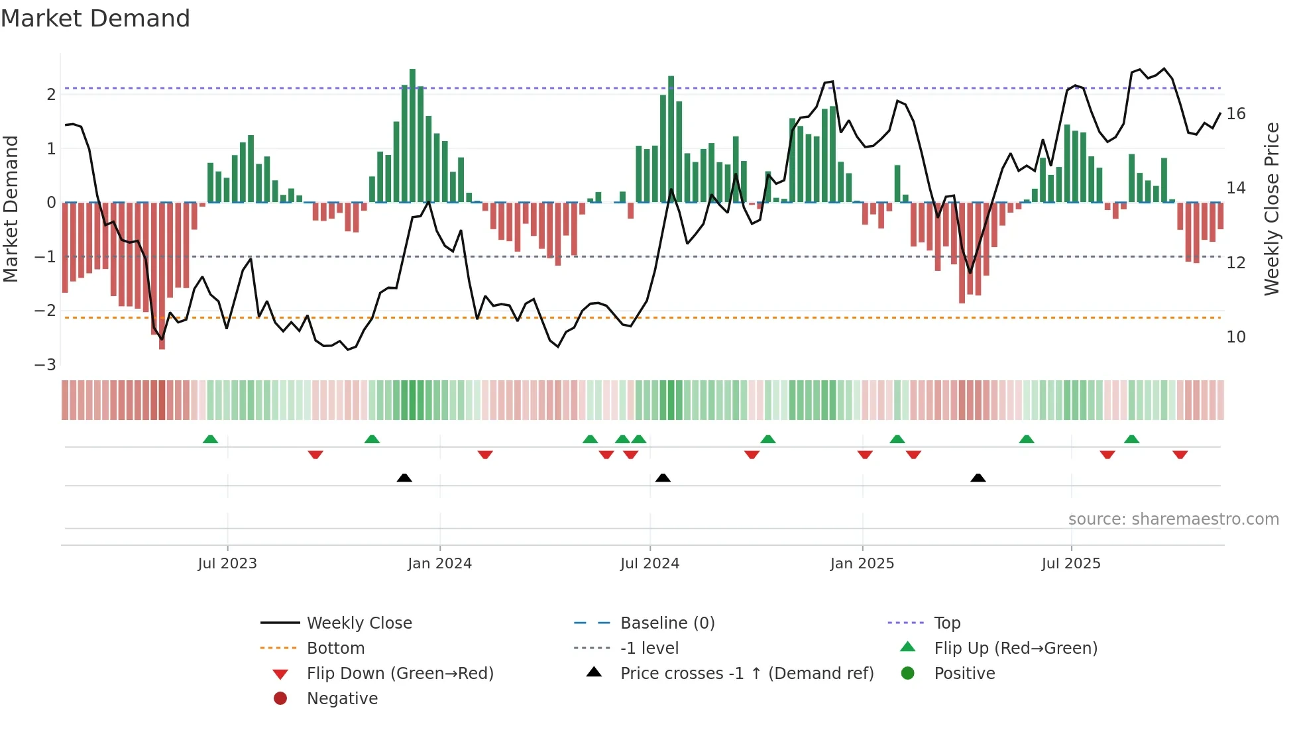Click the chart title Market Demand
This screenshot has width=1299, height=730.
tap(95, 19)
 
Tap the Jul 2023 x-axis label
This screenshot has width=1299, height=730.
tap(227, 564)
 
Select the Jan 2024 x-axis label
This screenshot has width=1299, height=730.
tap(439, 564)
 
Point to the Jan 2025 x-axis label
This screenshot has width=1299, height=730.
tap(862, 564)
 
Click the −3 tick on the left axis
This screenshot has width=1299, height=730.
tap(46, 365)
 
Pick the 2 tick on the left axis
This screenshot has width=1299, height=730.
tap(51, 94)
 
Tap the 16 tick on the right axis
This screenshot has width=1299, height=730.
tap(1235, 114)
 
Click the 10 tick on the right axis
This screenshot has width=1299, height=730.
tap(1235, 337)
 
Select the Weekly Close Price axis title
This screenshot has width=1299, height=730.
tap(1271, 209)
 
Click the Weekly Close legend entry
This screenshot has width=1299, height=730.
tap(359, 623)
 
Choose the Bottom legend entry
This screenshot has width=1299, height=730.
tap(335, 649)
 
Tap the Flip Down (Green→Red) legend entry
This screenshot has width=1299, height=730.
tap(400, 674)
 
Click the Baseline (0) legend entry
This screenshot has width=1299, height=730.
tap(667, 623)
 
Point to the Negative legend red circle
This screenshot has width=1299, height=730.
tap(280, 699)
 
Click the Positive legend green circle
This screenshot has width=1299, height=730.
tap(908, 674)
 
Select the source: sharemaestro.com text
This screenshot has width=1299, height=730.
tap(1173, 519)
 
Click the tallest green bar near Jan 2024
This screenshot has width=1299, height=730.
tap(412, 136)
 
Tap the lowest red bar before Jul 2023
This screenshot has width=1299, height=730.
tap(162, 275)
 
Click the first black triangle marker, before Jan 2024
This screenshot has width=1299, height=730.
tap(404, 478)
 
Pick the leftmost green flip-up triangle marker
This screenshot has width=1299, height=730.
tap(210, 439)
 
